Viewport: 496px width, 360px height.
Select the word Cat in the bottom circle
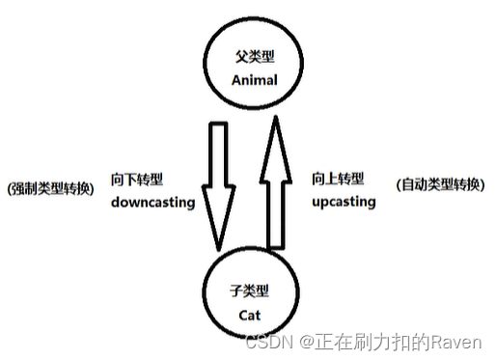tap(254, 314)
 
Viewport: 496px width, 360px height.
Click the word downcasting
tap(152, 203)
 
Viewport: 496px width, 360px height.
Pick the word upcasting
tap(343, 203)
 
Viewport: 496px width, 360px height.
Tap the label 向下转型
tap(137, 179)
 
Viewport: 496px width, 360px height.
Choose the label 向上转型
tap(338, 179)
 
